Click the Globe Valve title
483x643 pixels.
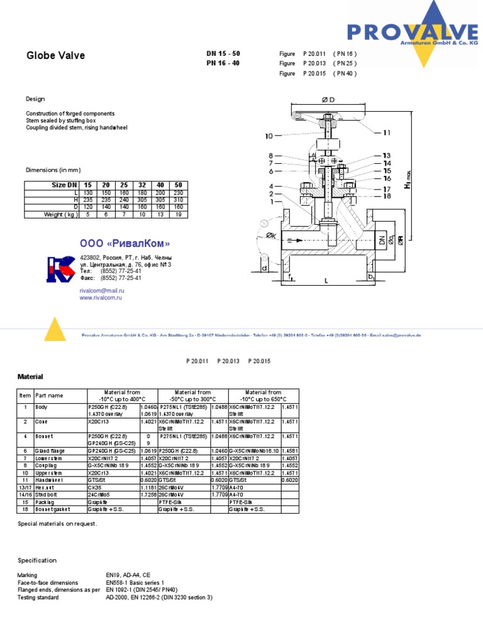tap(55, 56)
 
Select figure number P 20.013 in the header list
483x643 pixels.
tap(318, 63)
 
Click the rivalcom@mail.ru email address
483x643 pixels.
tap(102, 291)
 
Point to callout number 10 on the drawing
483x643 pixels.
tap(269, 136)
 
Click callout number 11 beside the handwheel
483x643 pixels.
tap(386, 132)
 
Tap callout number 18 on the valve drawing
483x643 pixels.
tap(386, 196)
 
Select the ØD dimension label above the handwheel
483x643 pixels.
tap(328, 100)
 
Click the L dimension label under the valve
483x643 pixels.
tap(326, 281)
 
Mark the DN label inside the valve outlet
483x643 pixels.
tap(381, 239)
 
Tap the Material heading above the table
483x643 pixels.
tap(30, 377)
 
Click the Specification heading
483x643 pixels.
tap(37, 560)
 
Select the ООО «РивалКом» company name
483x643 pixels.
tap(125, 244)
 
